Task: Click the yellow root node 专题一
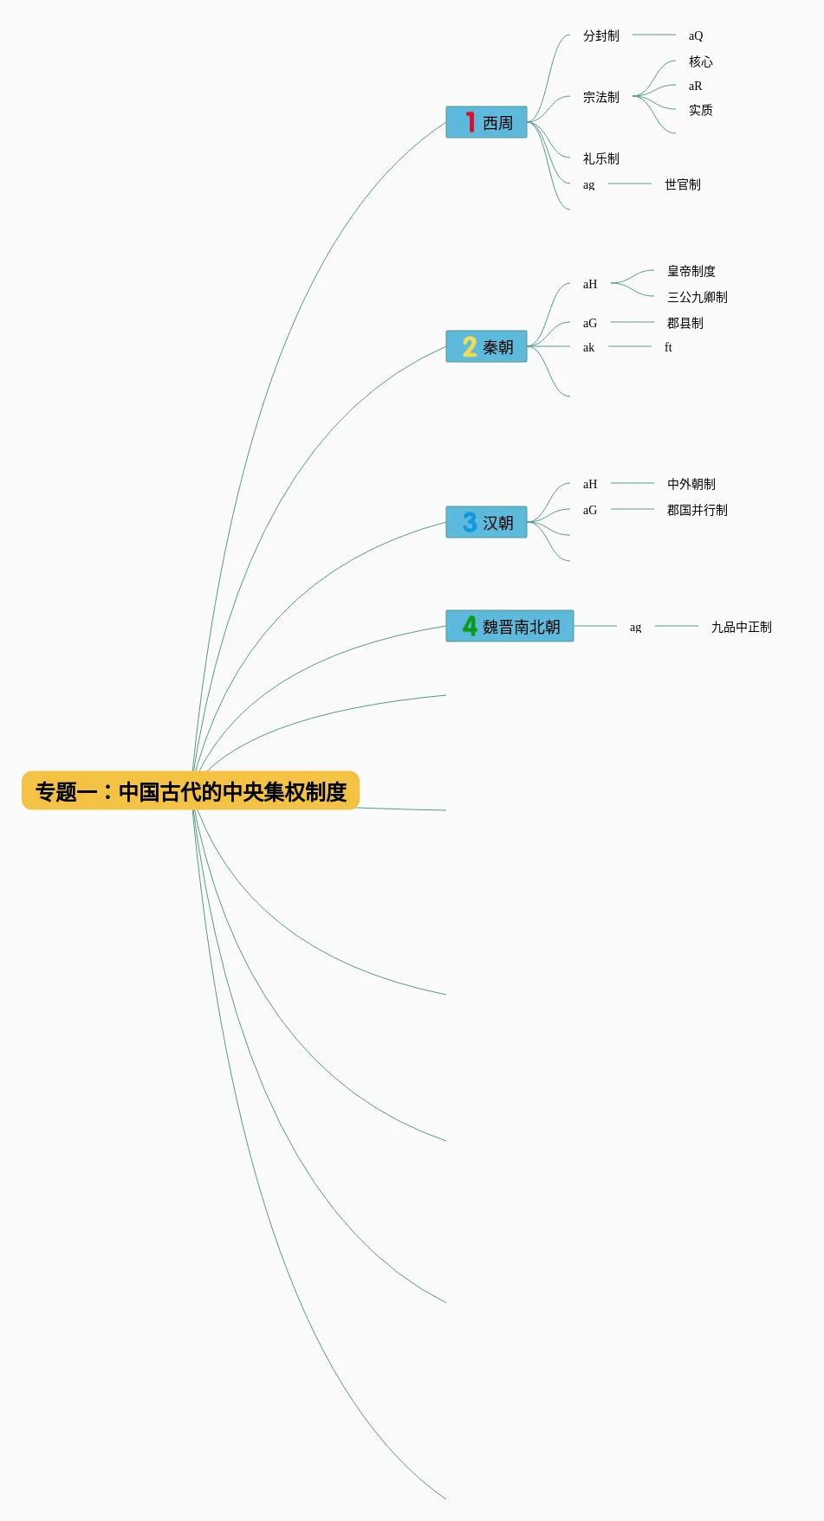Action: click(x=191, y=790)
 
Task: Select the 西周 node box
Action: click(x=486, y=122)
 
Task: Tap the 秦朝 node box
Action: click(x=486, y=346)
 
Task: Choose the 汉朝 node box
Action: click(x=486, y=522)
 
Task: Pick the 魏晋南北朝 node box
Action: click(x=509, y=626)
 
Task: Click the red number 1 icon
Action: click(x=470, y=122)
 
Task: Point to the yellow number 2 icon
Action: click(x=470, y=346)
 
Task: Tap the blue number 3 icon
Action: click(x=470, y=522)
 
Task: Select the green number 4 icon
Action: click(x=470, y=625)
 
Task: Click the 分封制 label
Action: click(x=601, y=35)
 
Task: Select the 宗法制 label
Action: click(x=601, y=97)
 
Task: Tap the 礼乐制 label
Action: click(x=601, y=158)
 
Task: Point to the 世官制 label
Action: click(x=683, y=184)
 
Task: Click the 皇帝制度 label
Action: click(x=691, y=271)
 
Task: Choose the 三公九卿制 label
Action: click(x=697, y=297)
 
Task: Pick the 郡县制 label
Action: click(x=685, y=323)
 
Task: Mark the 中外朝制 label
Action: click(x=691, y=484)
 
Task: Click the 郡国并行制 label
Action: click(x=697, y=510)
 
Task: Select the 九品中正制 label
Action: click(x=742, y=627)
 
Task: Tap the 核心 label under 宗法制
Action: click(x=701, y=61)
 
